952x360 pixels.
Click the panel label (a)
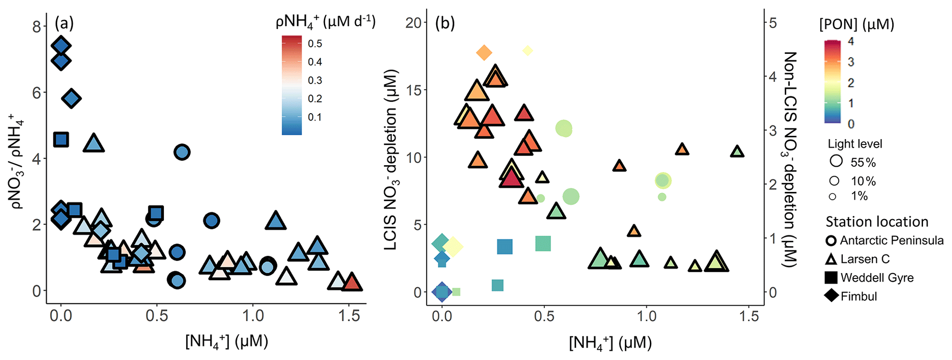coord(64,23)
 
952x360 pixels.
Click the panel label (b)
coord(445,23)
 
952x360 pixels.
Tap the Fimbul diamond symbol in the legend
coord(831,296)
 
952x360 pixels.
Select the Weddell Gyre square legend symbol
coord(831,278)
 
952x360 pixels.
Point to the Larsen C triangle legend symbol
coord(831,259)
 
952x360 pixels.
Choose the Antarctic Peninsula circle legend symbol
coord(831,240)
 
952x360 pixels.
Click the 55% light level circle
coord(836,161)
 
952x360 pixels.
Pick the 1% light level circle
coord(832,197)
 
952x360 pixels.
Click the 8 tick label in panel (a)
coord(37,26)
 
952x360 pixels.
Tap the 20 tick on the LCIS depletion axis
coord(414,23)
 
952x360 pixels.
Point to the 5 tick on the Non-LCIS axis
coord(773,23)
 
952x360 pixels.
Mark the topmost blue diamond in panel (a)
coord(61,46)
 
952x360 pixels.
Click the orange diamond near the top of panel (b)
coord(484,52)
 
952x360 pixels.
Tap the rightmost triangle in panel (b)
coord(737,151)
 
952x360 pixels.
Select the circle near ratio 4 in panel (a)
coord(182,151)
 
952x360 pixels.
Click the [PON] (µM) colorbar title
coord(857,24)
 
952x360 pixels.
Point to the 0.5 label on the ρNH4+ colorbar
coord(315,44)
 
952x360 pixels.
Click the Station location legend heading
coord(877,222)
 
